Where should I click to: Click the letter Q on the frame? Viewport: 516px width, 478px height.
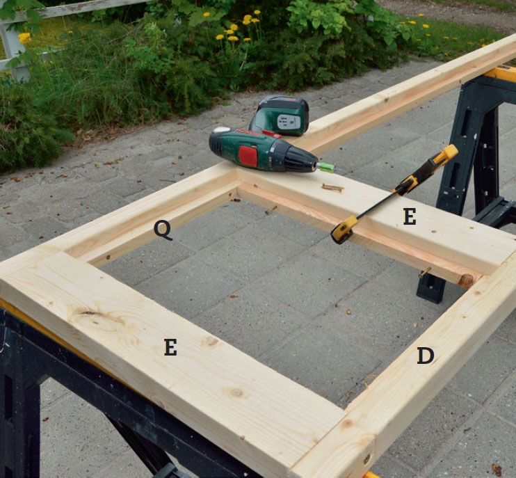click(x=163, y=230)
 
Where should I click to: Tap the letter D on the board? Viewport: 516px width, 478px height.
click(x=426, y=356)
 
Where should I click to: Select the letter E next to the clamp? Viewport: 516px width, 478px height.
click(x=410, y=217)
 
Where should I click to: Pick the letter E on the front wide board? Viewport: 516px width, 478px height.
click(x=170, y=347)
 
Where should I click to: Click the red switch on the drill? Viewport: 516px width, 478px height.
click(x=248, y=156)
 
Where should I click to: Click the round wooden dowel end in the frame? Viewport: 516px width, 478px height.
click(x=465, y=280)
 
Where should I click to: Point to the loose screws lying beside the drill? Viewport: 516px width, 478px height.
click(x=332, y=188)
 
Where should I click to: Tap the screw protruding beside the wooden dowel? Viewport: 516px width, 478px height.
click(x=424, y=272)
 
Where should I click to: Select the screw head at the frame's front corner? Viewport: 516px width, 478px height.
click(x=367, y=459)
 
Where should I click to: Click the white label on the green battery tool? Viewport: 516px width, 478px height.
click(x=289, y=122)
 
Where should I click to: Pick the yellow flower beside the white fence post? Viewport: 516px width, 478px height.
click(x=24, y=38)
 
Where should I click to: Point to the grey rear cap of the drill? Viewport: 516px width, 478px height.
click(x=221, y=129)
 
